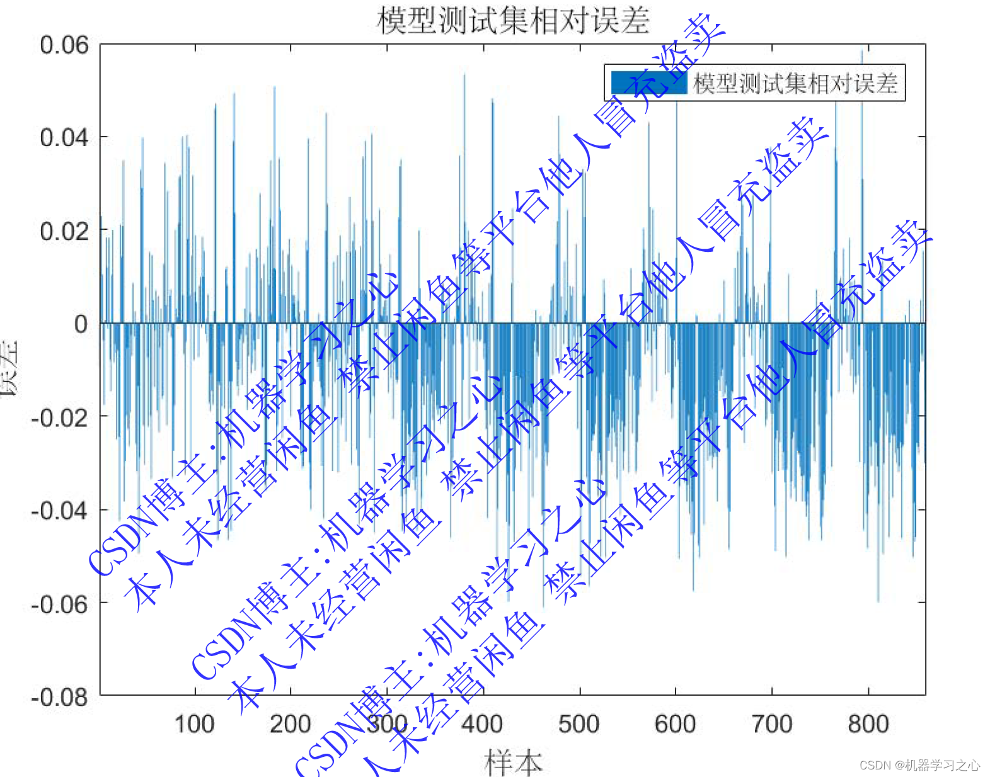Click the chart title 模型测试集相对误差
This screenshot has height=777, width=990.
point(513,20)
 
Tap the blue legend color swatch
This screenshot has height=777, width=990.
point(648,82)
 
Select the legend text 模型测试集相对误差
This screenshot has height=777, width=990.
point(795,83)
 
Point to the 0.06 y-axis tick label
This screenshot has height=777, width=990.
point(64,45)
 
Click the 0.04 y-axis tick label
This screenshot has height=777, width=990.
point(64,137)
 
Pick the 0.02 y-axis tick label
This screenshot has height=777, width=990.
point(64,230)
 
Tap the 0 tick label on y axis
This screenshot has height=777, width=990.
point(81,324)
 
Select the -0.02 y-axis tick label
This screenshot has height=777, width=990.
point(60,417)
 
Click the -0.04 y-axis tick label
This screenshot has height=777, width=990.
point(60,510)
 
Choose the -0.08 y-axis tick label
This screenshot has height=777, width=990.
point(60,697)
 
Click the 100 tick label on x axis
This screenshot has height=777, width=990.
point(194,724)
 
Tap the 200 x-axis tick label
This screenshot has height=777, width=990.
point(290,724)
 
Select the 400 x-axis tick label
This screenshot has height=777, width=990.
point(482,724)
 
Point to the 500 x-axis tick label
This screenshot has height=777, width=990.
point(578,724)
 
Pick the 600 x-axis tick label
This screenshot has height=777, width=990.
point(675,724)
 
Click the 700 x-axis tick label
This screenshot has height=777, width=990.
point(772,724)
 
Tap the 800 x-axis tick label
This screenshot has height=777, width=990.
point(868,724)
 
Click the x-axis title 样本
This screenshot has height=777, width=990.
point(513,762)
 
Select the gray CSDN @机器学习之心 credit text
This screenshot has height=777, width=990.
point(919,765)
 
